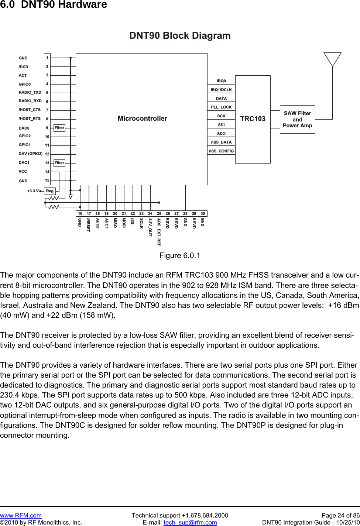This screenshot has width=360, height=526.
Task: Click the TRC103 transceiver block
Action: coord(253,119)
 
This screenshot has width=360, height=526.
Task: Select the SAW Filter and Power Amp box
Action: coord(297,119)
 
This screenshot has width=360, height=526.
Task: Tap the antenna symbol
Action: coord(332,59)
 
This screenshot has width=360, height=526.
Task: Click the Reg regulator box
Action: coord(50,191)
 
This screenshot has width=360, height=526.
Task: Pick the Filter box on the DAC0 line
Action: coord(59,128)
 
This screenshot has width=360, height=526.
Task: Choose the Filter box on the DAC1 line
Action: coord(59,163)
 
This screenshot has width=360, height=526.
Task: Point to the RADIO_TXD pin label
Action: coord(30,92)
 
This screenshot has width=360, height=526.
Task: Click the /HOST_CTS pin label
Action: coord(30,110)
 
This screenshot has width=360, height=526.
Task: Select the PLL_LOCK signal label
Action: coord(221,107)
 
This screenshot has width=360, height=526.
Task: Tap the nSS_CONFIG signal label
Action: coord(221,151)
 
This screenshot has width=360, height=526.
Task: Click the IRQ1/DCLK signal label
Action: coord(221,90)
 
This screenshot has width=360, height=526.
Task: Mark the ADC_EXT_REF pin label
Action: coord(159,232)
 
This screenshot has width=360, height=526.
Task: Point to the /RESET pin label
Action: coord(88,225)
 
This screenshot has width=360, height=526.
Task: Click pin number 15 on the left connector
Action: coord(47,180)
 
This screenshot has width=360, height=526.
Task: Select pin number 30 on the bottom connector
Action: coord(203,213)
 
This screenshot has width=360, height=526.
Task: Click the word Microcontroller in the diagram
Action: coord(142,118)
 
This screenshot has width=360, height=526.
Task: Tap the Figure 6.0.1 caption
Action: coord(180,255)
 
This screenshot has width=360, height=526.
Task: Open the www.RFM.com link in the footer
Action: coord(21,515)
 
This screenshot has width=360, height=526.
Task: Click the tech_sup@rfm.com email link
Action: coord(190,522)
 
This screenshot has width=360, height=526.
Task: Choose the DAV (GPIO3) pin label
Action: coord(31,154)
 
